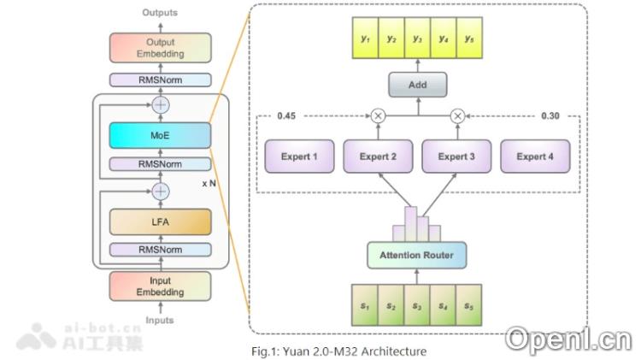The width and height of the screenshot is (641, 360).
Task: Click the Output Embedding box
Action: click(x=160, y=49)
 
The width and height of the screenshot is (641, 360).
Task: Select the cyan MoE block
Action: click(x=160, y=135)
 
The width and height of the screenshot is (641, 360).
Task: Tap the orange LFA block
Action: click(x=160, y=221)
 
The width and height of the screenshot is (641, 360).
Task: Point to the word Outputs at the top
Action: click(x=160, y=12)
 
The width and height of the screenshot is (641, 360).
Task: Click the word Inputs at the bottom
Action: click(x=160, y=321)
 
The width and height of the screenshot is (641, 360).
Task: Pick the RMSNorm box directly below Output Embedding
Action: click(x=160, y=80)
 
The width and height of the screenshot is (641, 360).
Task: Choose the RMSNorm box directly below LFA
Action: click(x=160, y=250)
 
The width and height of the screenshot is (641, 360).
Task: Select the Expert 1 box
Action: click(x=298, y=156)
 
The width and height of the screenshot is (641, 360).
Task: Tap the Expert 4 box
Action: click(x=533, y=156)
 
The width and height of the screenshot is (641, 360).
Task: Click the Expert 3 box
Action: click(x=456, y=156)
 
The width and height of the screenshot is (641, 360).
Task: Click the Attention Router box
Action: click(x=416, y=253)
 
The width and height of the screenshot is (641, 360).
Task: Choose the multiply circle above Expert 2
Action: click(x=378, y=115)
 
